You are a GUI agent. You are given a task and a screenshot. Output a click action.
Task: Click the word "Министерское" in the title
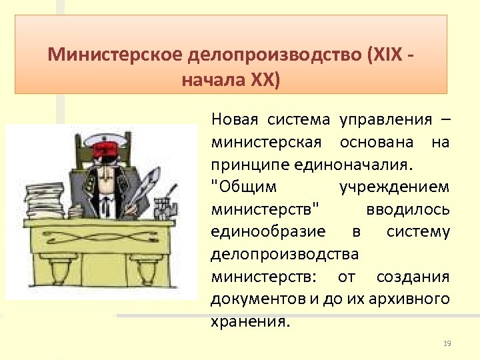(x=101, y=53)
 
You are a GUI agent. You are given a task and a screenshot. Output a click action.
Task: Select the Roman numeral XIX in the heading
(x=386, y=53)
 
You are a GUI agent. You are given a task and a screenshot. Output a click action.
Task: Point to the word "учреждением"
(x=394, y=187)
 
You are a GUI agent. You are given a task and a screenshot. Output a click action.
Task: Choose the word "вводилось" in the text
(x=408, y=209)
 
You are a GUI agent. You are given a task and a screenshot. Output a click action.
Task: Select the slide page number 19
(x=447, y=343)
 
